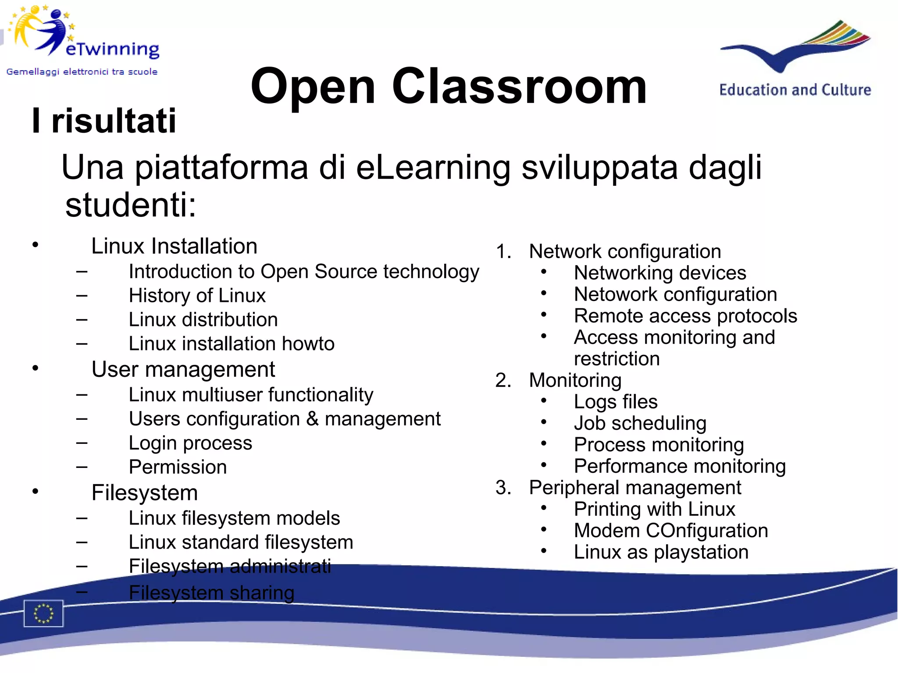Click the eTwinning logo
83,39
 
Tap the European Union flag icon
43,613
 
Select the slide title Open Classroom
448,86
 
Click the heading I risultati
104,121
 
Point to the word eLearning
433,167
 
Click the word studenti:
131,205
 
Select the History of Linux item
197,296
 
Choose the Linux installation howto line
231,344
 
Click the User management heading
183,369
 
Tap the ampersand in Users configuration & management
312,418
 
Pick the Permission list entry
178,467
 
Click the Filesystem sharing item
211,593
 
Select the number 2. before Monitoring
503,380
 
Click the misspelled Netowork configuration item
675,294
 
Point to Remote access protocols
685,316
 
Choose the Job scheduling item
640,423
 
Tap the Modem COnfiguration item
671,531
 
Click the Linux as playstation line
661,552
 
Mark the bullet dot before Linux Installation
36,244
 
